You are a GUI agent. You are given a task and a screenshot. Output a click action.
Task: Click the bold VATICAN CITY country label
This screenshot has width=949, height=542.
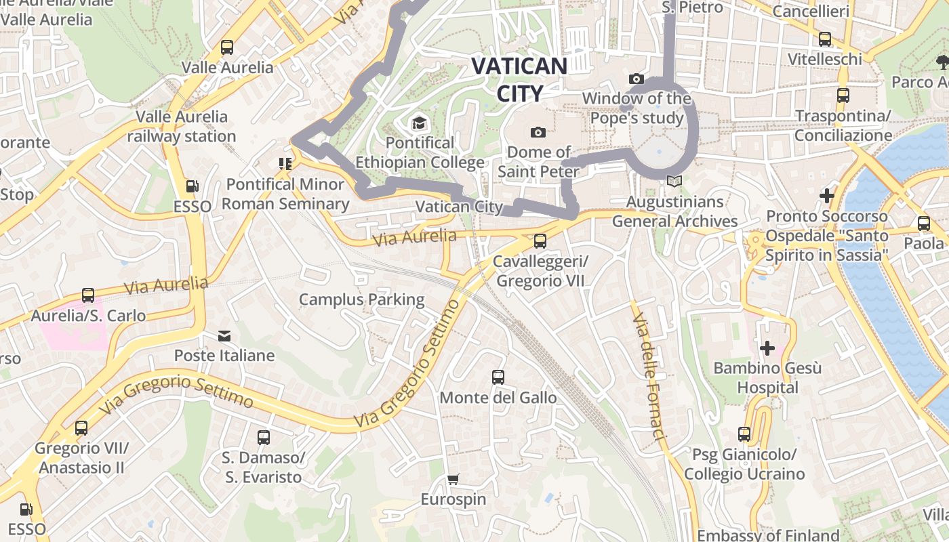pyautogui.click(x=519, y=79)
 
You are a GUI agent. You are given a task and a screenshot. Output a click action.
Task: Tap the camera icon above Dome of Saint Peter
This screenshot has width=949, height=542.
pyautogui.click(x=538, y=132)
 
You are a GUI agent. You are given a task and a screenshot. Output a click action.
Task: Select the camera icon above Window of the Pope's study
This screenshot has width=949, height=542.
pyautogui.click(x=636, y=79)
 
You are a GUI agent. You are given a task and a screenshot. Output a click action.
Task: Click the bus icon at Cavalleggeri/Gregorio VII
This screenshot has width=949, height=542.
pyautogui.click(x=540, y=241)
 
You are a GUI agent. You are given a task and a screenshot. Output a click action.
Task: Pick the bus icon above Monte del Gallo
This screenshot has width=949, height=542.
pyautogui.click(x=498, y=377)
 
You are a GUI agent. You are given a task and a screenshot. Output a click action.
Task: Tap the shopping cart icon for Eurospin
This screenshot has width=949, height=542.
pyautogui.click(x=453, y=479)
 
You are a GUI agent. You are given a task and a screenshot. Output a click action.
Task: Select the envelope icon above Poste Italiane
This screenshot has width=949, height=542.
pyautogui.click(x=224, y=335)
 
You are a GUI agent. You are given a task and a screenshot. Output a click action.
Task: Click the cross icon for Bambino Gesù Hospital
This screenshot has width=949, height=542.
pyautogui.click(x=767, y=348)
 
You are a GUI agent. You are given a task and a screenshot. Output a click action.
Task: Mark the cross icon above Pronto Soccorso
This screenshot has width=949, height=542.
pyautogui.click(x=827, y=196)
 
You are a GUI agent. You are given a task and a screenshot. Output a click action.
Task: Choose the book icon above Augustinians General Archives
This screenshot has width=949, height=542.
pyautogui.click(x=674, y=181)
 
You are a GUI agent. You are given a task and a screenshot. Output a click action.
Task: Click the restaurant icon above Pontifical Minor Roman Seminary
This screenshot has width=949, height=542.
pyautogui.click(x=285, y=163)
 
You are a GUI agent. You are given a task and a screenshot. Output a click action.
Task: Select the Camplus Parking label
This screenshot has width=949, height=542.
pyautogui.click(x=362, y=299)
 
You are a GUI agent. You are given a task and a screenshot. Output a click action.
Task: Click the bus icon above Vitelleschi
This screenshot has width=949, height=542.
pyautogui.click(x=825, y=39)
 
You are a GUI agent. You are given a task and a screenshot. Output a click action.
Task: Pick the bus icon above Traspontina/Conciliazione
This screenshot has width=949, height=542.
pyautogui.click(x=843, y=96)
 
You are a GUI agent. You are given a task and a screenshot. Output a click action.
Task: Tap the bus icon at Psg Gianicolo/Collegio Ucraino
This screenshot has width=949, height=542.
pyautogui.click(x=744, y=434)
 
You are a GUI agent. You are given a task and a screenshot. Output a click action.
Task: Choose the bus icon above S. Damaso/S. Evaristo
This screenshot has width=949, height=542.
pyautogui.click(x=264, y=438)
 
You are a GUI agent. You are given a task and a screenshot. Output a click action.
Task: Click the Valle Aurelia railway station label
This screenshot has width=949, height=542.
pyautogui.click(x=182, y=126)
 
